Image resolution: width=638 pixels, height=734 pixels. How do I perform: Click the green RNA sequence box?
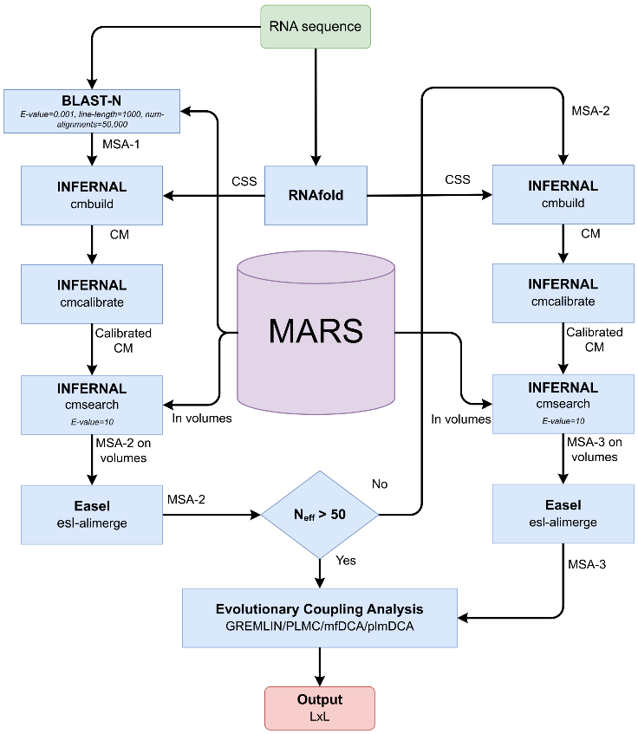point(316,26)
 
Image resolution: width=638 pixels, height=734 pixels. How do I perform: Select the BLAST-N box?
point(92,110)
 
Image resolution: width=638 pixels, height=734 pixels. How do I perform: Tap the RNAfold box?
point(316,195)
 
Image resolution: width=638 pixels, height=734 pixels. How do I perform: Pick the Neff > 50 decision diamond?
point(320,515)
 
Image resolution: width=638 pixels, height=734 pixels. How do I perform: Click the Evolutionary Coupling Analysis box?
point(320,618)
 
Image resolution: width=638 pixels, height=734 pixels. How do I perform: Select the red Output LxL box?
point(320,707)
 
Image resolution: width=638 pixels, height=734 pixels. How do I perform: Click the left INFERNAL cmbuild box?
point(92,195)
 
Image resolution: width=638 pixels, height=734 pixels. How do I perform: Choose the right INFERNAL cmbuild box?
point(563,195)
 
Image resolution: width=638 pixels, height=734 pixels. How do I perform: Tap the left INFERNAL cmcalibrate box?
point(92,294)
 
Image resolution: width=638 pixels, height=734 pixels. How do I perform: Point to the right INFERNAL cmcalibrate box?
point(563,293)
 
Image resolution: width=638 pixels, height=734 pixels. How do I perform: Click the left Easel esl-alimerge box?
point(92,514)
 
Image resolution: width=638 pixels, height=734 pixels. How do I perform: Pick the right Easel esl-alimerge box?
point(563,513)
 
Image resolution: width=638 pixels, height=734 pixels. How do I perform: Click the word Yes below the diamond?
point(346,561)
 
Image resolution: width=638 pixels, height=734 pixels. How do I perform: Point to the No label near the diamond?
point(380,482)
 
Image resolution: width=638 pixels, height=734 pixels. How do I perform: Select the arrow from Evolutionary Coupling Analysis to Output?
point(320,666)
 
